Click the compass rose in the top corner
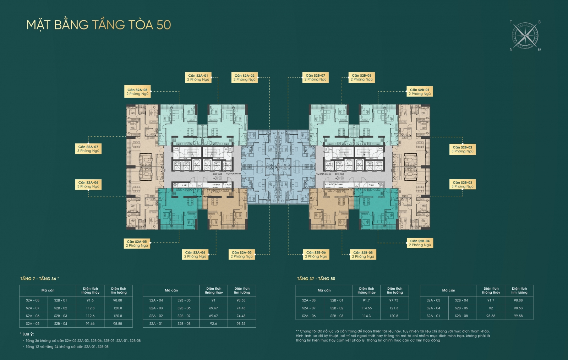click(525, 36)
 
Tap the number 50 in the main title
click(164, 25)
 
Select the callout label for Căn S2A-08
click(137, 92)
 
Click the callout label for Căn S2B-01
click(420, 92)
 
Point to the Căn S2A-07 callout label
click(88, 149)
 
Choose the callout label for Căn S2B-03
click(462, 184)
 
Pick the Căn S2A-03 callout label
click(242, 254)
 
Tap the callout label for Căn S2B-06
click(316, 254)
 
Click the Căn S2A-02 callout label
click(245, 77)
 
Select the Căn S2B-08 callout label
click(362, 77)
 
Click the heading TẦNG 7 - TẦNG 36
click(39, 279)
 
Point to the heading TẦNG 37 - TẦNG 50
click(316, 279)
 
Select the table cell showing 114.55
click(366, 308)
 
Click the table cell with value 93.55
click(491, 316)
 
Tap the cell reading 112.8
click(90, 308)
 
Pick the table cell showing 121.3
click(394, 308)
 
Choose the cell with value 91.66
click(90, 324)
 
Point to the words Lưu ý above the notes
click(28, 334)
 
